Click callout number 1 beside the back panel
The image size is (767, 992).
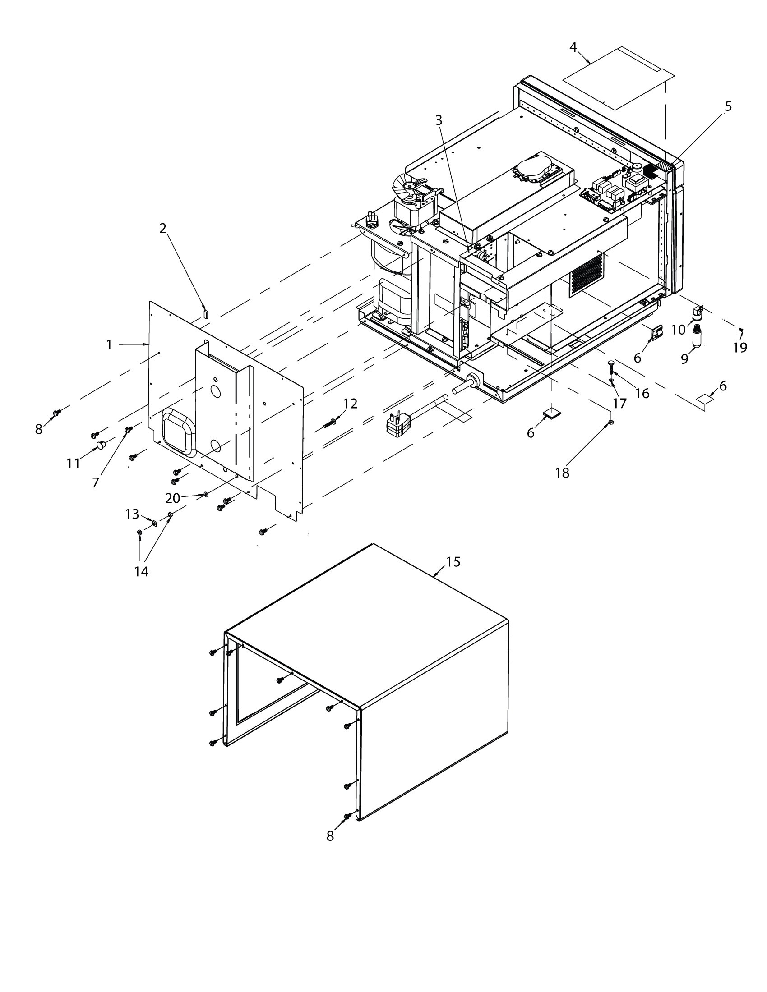coord(109,345)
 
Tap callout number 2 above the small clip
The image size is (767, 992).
coord(163,229)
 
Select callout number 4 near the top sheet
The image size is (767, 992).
coord(573,47)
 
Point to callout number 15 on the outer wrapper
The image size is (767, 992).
coord(453,562)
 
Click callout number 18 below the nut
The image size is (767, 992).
coord(562,473)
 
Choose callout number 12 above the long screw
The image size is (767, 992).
coord(350,404)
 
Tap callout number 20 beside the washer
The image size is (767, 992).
coord(173,498)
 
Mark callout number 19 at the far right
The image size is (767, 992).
coord(740,348)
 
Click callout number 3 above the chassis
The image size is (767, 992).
coord(439,120)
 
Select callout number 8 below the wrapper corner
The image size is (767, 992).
coord(330,836)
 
